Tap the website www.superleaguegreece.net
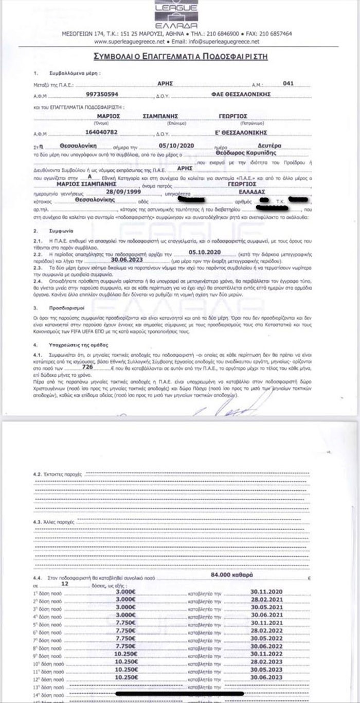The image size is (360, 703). click(x=130, y=42)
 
